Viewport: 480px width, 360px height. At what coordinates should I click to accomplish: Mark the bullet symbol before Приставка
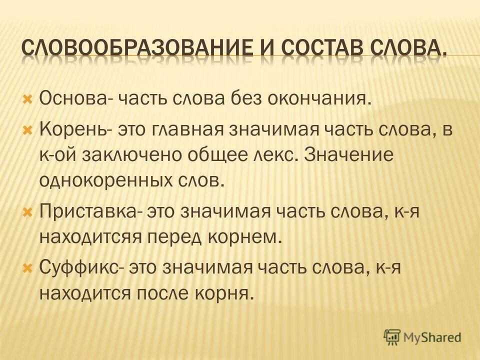[x=28, y=212]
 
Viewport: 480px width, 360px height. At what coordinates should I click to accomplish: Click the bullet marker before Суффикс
[x=28, y=269]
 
